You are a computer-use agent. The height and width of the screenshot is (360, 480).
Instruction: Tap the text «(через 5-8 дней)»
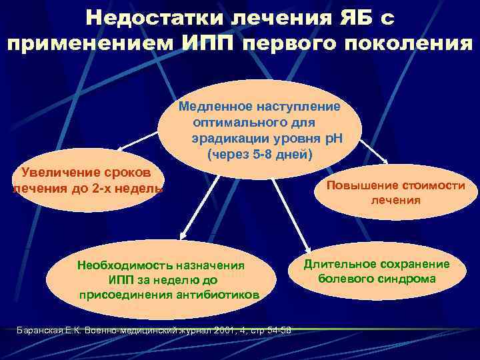tap(260, 155)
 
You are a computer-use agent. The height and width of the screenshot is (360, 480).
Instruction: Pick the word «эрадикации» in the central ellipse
tap(227, 139)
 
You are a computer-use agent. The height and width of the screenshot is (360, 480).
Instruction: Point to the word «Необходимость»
tap(124, 264)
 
